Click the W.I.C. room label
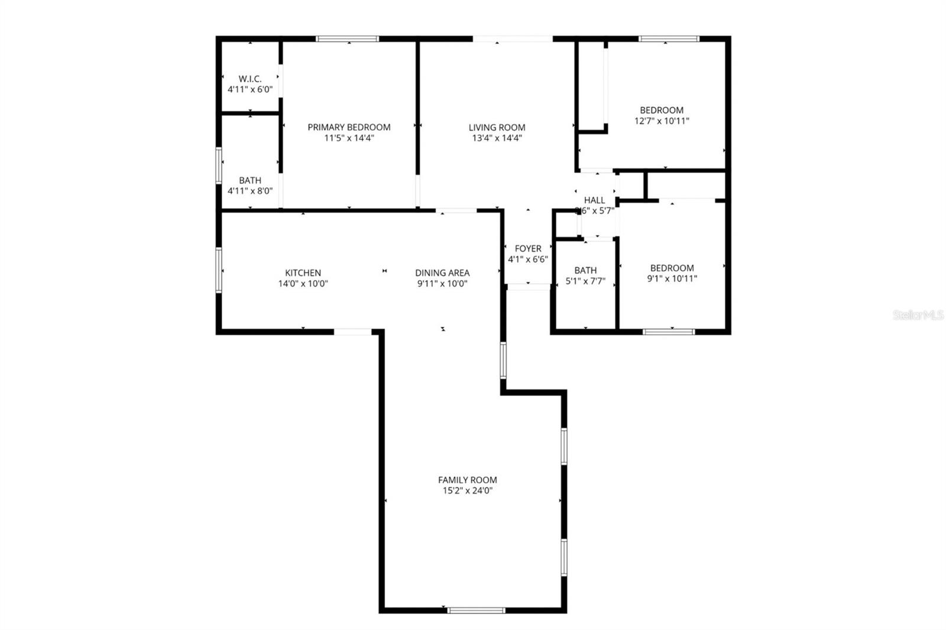pos(250,79)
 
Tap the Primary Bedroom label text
pos(349,127)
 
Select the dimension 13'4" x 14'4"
pos(497,138)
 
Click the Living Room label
pos(497,127)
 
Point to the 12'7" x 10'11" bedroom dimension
pos(662,121)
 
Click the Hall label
pos(594,200)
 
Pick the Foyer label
pos(528,249)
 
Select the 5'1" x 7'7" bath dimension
pos(585,281)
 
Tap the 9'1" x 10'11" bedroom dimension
pos(672,279)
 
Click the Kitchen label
pos(303,272)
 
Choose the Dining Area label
pos(442,272)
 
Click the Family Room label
pos(467,480)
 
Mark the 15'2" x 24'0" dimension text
pos(467,491)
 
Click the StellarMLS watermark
pos(918,316)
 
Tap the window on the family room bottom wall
pos(476,610)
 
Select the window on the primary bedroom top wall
pos(347,39)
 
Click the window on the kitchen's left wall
pos(219,270)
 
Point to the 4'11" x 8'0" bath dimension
pos(250,191)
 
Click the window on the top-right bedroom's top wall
pos(669,39)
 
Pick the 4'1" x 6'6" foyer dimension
pos(528,259)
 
